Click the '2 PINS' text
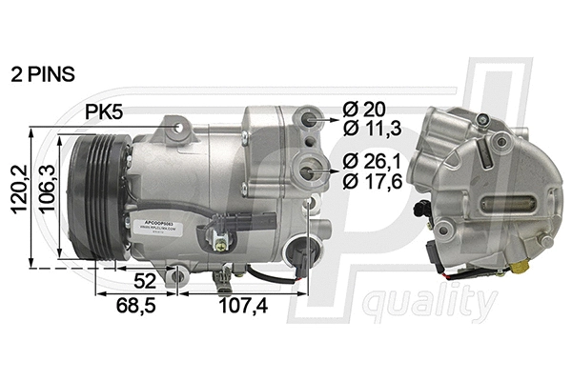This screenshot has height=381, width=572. click(44, 72)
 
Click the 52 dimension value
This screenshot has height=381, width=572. click(145, 282)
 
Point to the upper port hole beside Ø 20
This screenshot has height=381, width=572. click(309, 120)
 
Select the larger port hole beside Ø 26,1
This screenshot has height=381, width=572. click(310, 169)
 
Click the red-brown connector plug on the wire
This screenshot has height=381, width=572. click(304, 255)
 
